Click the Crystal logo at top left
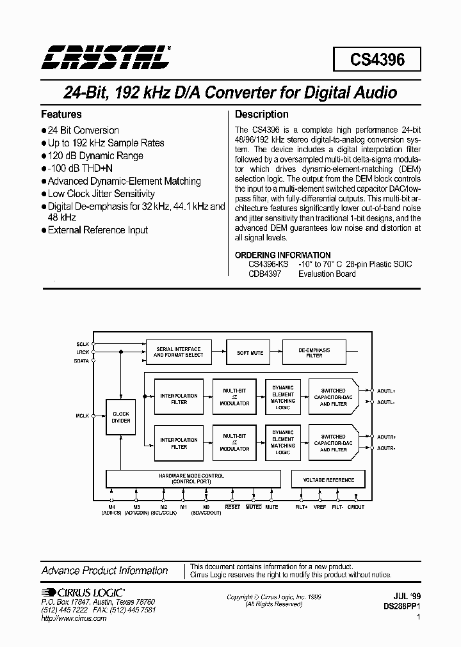click(106, 58)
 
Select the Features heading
click(61, 114)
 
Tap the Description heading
click(262, 114)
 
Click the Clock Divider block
click(121, 417)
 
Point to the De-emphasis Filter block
click(314, 352)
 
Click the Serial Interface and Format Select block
click(179, 352)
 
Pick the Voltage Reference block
click(328, 479)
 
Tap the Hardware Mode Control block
click(191, 479)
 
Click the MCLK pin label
click(83, 416)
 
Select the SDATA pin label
click(83, 361)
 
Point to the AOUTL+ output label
click(387, 390)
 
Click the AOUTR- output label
click(387, 449)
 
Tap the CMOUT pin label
click(355, 507)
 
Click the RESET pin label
click(232, 507)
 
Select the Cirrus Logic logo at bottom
click(83, 593)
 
